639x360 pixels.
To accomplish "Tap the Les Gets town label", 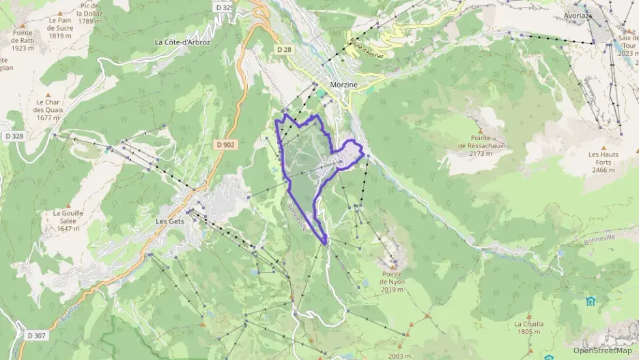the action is click(171, 221).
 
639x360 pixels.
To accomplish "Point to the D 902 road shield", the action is click(226, 144).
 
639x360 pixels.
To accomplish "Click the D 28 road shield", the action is click(285, 50).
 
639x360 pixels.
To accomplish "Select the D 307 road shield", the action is click(38, 335).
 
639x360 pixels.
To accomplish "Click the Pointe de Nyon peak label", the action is click(393, 286).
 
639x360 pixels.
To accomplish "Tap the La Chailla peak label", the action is click(528, 327).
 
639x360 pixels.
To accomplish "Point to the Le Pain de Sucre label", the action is click(60, 28).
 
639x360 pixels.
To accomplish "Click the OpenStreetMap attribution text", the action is click(602, 350).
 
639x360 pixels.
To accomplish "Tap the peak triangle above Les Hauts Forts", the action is click(603, 146).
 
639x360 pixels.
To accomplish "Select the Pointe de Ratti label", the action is click(23, 40).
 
